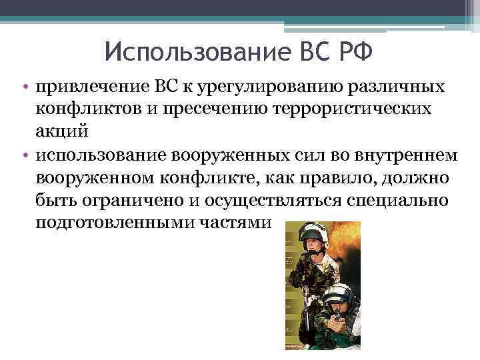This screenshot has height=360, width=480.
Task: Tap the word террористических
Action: point(337,109)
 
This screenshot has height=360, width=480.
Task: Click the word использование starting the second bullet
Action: point(89,155)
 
